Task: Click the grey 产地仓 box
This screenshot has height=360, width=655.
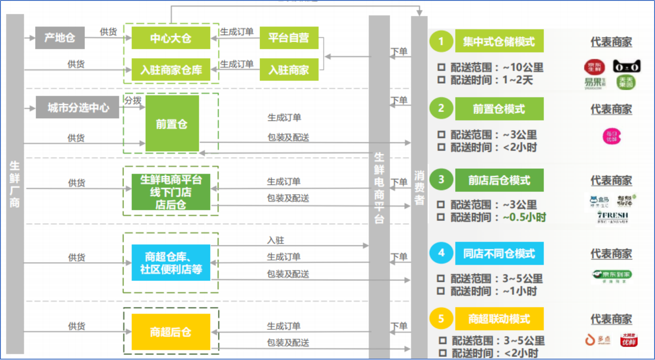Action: [x=60, y=38]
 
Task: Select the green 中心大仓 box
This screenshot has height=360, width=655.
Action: [x=171, y=38]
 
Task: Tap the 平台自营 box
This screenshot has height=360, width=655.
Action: [x=289, y=38]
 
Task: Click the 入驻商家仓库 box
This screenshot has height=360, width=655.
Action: [x=171, y=70]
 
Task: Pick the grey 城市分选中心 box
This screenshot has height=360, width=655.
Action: [x=78, y=108]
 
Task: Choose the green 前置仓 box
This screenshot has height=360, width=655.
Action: [x=172, y=124]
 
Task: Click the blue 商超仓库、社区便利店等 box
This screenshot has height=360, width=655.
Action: [x=171, y=263]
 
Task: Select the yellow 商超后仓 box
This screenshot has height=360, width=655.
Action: [x=171, y=332]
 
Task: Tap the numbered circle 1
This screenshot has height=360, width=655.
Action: [x=441, y=41]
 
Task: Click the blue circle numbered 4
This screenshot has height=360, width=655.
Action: [x=441, y=253]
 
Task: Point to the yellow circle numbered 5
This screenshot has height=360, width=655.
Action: [x=441, y=319]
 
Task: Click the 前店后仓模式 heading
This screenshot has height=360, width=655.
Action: [x=499, y=180]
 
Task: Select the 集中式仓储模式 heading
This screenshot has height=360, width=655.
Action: [x=499, y=42]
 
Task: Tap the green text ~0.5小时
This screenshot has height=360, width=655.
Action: [x=524, y=217]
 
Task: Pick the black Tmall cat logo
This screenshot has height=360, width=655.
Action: [x=627, y=67]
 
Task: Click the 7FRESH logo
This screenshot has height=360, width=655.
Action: [x=612, y=217]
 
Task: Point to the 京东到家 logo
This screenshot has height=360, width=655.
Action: [x=611, y=276]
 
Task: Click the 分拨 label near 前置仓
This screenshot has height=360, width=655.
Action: [x=132, y=100]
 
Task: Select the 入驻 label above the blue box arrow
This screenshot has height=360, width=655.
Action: [x=276, y=240]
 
